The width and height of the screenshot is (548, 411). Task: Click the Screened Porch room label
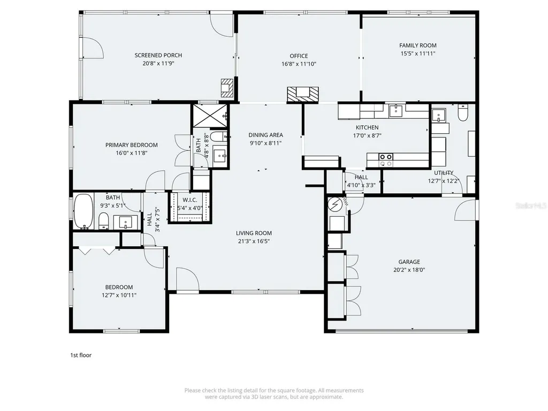pyautogui.click(x=158, y=55)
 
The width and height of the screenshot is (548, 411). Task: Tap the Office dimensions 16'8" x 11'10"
pyautogui.click(x=299, y=64)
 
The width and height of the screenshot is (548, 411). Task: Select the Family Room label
pyautogui.click(x=418, y=45)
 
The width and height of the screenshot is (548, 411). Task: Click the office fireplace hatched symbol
pyautogui.click(x=303, y=94)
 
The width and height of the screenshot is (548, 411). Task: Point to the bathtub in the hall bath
pyautogui.click(x=83, y=211)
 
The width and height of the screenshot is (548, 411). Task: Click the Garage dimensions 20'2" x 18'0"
pyautogui.click(x=409, y=270)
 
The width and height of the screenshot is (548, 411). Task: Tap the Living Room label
pyautogui.click(x=254, y=233)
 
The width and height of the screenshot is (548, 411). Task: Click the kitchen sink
pyautogui.click(x=395, y=111)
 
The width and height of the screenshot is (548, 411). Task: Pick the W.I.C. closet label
pyautogui.click(x=190, y=200)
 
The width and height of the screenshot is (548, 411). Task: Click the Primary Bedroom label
pyautogui.click(x=132, y=145)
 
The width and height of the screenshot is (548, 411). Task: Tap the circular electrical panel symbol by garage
pyautogui.click(x=335, y=204)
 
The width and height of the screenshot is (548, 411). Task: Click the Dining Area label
pyautogui.click(x=265, y=135)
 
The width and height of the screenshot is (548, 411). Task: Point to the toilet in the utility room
pyautogui.click(x=463, y=112)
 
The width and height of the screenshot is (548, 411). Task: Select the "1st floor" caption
pyautogui.click(x=81, y=355)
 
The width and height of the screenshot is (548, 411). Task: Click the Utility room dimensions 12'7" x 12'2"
pyautogui.click(x=444, y=181)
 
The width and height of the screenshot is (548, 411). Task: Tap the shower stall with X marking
pyautogui.click(x=209, y=116)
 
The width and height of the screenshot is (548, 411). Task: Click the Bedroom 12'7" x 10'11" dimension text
pyautogui.click(x=119, y=295)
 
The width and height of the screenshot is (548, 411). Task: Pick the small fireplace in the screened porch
pyautogui.click(x=227, y=88)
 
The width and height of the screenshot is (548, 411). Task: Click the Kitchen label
pyautogui.click(x=367, y=127)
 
